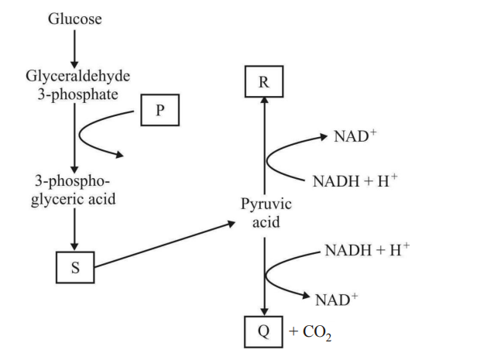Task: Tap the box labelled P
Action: pos(160,109)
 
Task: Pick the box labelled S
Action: pos(75,268)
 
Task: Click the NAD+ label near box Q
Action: pos(335,298)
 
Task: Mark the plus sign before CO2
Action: pos(293,332)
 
